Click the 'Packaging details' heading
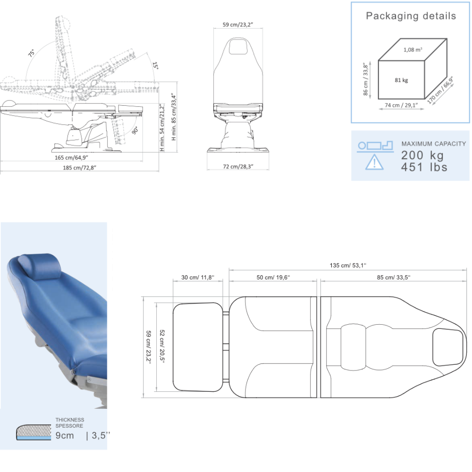tap(411, 16)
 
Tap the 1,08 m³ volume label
tap(413, 50)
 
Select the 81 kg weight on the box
tap(401, 80)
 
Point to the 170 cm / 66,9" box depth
tap(440, 90)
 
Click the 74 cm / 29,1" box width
tap(401, 105)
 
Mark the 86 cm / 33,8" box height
tap(365, 79)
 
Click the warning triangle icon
tap(374, 162)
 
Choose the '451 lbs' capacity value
tap(424, 167)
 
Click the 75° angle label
tap(31, 53)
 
